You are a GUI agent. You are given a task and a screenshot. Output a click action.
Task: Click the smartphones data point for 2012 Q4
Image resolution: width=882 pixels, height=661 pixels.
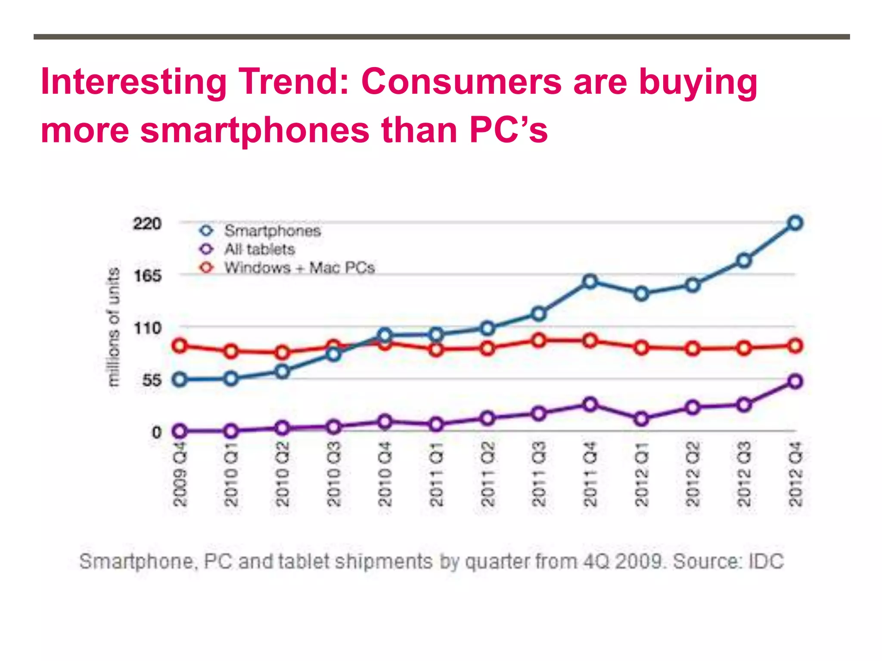pos(795,223)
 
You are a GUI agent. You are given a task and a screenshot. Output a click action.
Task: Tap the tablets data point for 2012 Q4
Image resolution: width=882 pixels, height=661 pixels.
pos(795,381)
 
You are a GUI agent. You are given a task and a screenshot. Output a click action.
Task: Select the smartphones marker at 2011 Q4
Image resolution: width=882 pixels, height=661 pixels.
pos(590,281)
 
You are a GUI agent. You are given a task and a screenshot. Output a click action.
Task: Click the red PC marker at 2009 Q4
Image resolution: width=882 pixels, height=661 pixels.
pos(180,346)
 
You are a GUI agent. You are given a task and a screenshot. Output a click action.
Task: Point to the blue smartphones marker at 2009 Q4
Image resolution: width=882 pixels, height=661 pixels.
pos(180,380)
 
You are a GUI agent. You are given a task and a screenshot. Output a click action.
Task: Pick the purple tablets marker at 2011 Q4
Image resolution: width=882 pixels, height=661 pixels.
pos(590,405)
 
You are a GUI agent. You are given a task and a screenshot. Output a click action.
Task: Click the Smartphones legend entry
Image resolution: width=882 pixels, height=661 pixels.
pos(272,231)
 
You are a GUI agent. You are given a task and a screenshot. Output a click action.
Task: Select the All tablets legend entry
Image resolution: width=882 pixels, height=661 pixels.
pos(259,250)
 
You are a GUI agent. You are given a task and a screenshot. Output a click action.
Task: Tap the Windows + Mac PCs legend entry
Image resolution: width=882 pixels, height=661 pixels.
pos(299,268)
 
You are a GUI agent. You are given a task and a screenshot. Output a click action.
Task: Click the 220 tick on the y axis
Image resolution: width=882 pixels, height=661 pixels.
pos(147,224)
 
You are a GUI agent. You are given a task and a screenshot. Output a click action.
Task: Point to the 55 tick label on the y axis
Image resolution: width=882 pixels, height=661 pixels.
pos(152,380)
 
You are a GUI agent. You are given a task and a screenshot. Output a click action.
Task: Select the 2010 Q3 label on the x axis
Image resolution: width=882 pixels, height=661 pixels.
pos(334,473)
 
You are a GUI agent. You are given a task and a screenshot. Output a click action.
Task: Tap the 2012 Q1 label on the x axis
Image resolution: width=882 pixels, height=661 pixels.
pos(642,473)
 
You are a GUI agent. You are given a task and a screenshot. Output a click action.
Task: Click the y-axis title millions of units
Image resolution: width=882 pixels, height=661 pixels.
pos(114,327)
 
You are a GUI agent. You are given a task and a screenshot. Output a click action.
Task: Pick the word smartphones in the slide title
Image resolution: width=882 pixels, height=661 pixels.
pos(255,130)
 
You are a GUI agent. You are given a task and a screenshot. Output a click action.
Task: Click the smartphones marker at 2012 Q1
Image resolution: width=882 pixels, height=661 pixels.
pos(642,294)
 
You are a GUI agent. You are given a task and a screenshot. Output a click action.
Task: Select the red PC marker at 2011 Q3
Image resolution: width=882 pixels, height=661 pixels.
pos(539,340)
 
